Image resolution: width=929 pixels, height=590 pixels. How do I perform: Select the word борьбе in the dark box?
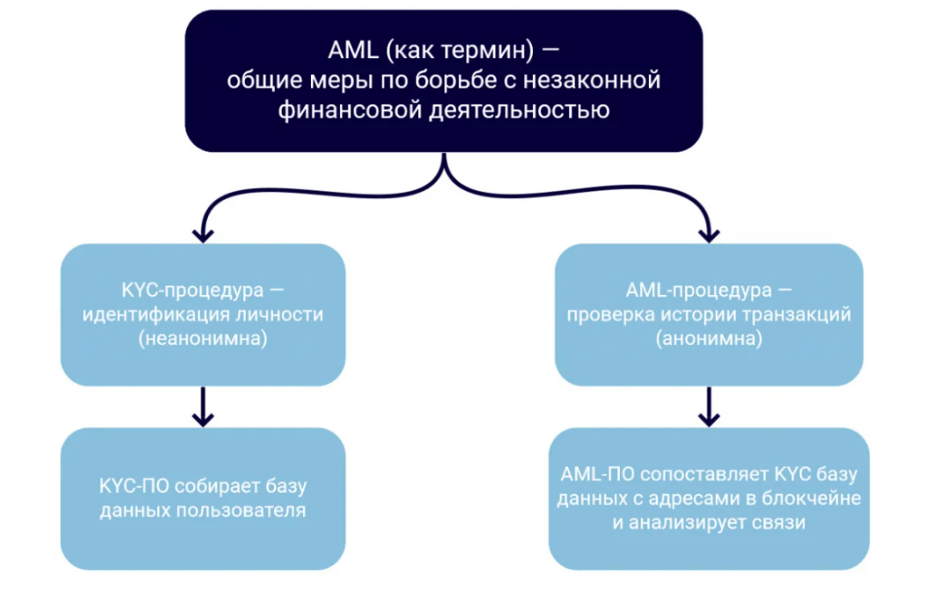tap(462, 82)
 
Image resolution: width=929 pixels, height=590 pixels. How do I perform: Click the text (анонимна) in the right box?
tap(709, 340)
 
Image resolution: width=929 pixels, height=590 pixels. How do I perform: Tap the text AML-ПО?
tap(595, 474)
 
